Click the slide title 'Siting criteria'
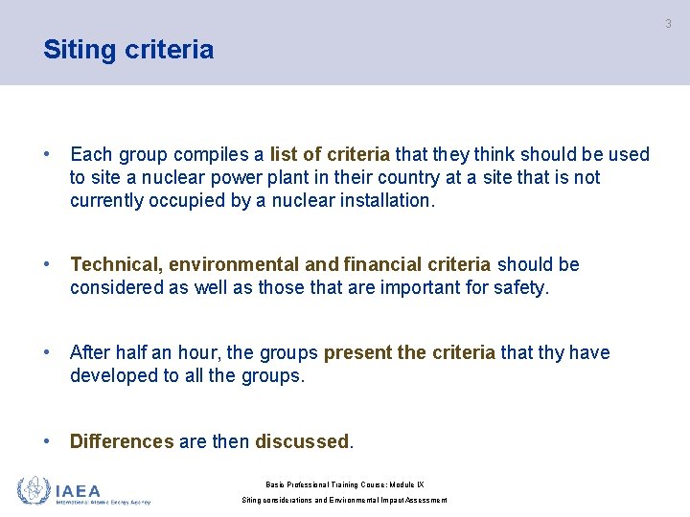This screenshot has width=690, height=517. point(128,50)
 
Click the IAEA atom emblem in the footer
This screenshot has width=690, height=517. point(34,490)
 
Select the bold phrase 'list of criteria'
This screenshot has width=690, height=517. point(330,154)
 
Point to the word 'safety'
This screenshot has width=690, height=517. point(517,287)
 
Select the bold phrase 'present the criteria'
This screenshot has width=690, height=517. point(409,352)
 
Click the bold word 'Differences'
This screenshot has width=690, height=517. point(122,441)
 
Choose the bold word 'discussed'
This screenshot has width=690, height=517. point(302,441)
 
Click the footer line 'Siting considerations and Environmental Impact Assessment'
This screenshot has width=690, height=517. point(344,500)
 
